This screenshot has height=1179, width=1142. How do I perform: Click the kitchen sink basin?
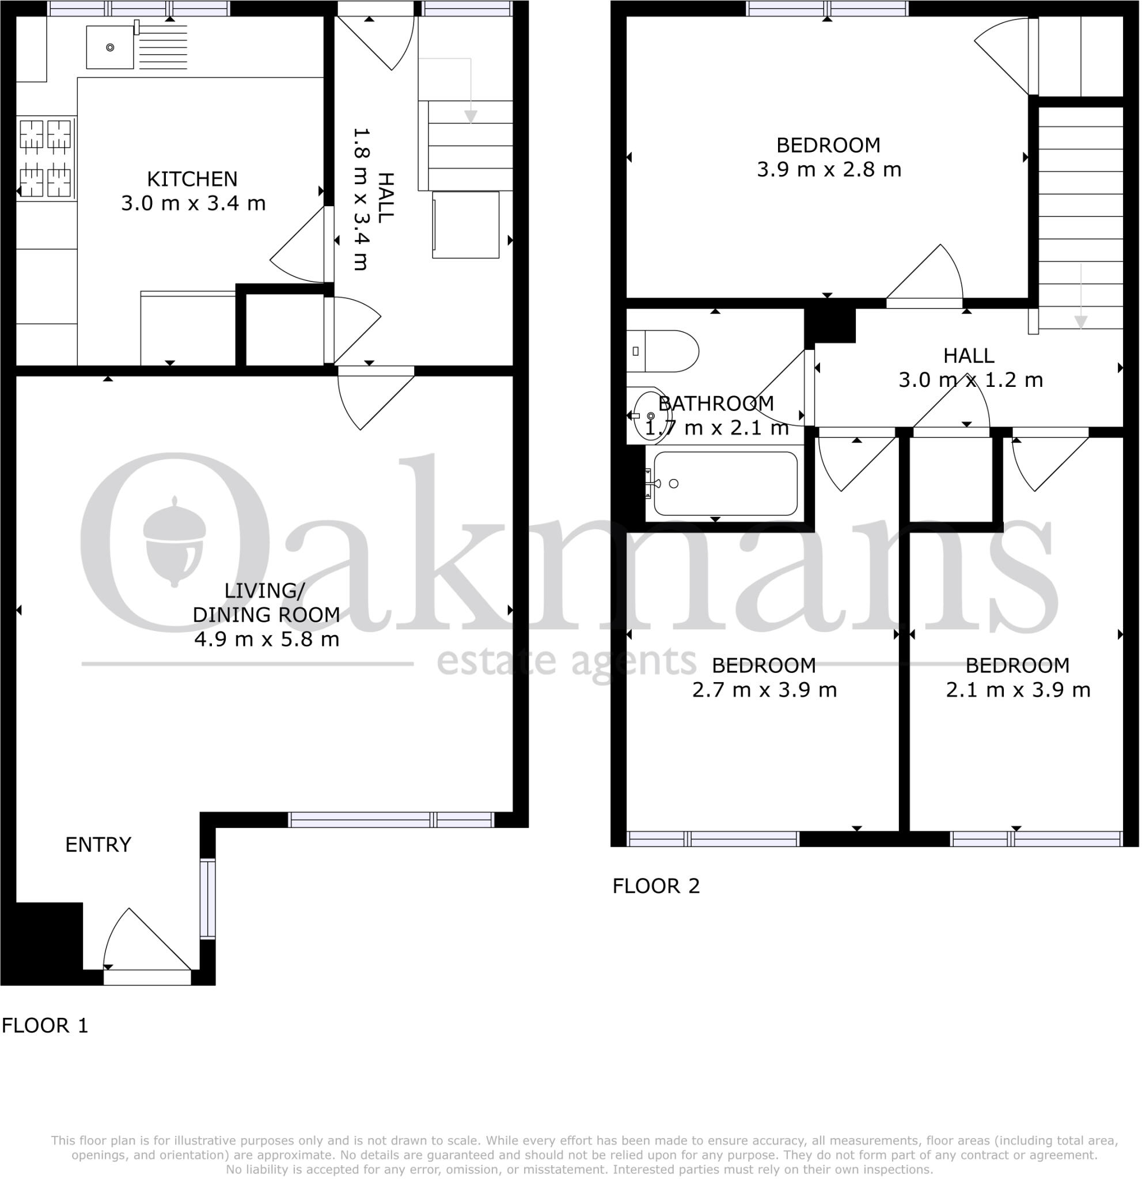(109, 47)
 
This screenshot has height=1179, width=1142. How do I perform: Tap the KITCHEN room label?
(192, 179)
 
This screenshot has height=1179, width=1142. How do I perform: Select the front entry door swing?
(147, 944)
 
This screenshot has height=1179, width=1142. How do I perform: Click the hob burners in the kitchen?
(45, 158)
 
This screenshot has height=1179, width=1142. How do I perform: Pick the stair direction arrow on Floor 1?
(471, 90)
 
